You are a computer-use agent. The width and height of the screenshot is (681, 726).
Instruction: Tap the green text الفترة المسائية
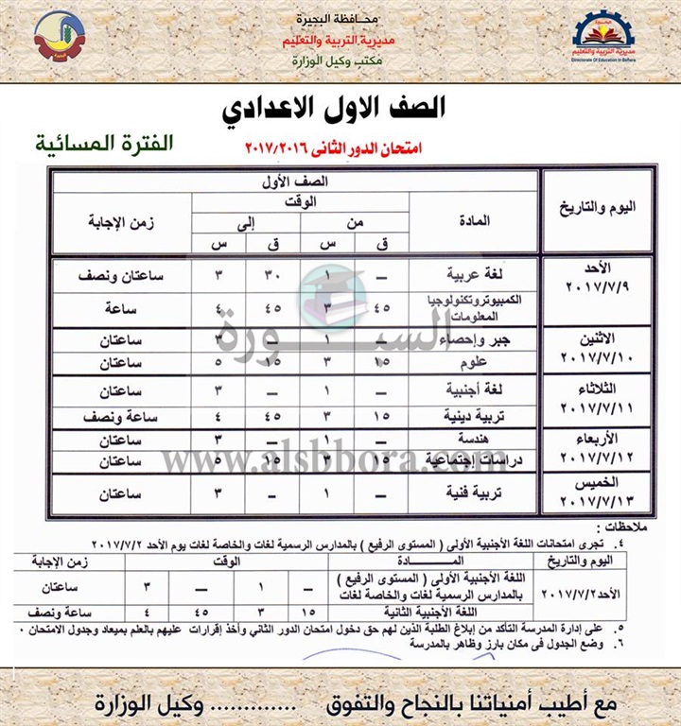(91, 145)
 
